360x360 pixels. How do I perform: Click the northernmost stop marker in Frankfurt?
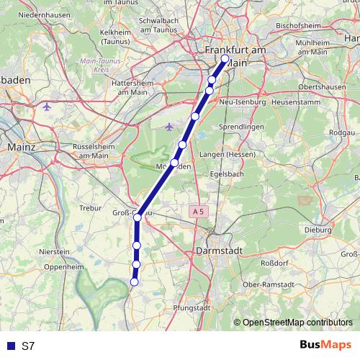point(225,59)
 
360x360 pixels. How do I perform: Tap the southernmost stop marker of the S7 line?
point(134,282)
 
